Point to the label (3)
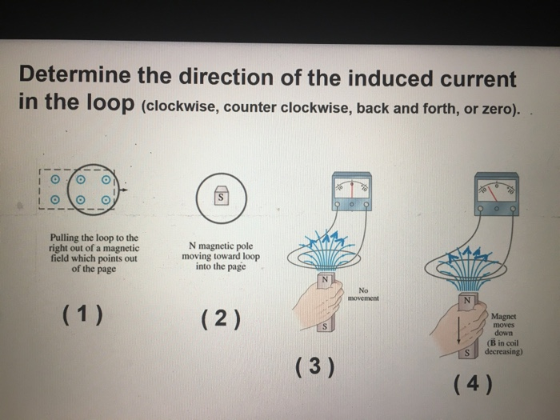(x=314, y=367)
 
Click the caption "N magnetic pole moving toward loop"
(x=224, y=257)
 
